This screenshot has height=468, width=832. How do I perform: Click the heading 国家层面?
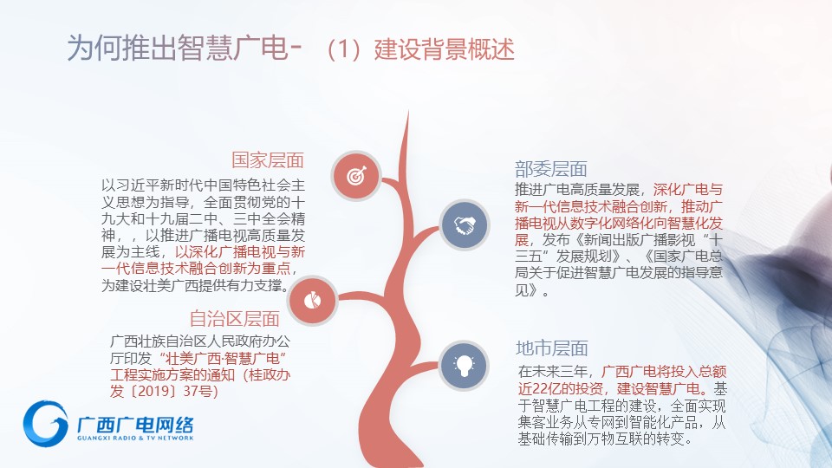point(268,159)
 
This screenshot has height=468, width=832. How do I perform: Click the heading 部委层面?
point(551,169)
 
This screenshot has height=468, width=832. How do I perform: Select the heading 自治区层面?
point(235,318)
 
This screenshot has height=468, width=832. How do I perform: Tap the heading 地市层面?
point(552,348)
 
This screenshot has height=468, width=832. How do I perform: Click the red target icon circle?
point(356,176)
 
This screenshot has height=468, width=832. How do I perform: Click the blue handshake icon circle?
point(465,225)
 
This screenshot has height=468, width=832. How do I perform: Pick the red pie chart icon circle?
point(313,301)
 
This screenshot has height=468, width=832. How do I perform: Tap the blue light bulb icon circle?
point(464,366)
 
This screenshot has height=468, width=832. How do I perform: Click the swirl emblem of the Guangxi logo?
point(46,424)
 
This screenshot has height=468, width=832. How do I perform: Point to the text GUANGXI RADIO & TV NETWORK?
point(135,438)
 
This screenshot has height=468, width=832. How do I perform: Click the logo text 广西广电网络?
point(135,425)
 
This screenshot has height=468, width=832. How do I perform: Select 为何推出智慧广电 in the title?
point(177,49)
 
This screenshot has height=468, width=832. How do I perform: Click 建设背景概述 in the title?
point(444,49)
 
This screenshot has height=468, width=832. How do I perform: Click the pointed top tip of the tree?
point(408,110)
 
